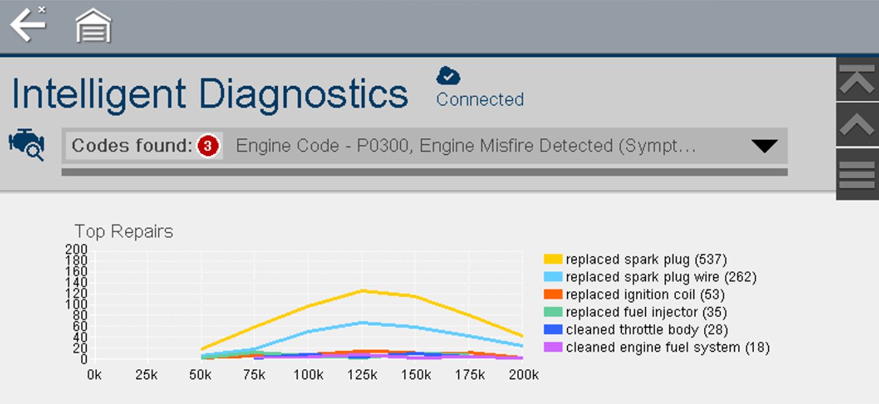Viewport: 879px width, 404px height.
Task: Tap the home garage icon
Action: coord(93,26)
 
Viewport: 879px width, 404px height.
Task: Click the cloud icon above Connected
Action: coord(448,76)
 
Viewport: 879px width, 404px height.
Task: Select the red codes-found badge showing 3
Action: coord(207,146)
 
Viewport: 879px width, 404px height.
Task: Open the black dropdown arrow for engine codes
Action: coord(764,147)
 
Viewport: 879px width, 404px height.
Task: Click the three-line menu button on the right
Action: coord(857,174)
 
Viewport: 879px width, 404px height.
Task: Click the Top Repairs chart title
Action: coord(124,232)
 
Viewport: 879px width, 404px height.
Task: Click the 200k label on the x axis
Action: coord(523,375)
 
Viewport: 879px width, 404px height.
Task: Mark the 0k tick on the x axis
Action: coord(94,375)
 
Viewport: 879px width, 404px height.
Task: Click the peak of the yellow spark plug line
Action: coord(363,290)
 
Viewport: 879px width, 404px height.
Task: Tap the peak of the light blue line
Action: coord(363,322)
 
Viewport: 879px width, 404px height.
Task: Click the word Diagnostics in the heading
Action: coord(303,94)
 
